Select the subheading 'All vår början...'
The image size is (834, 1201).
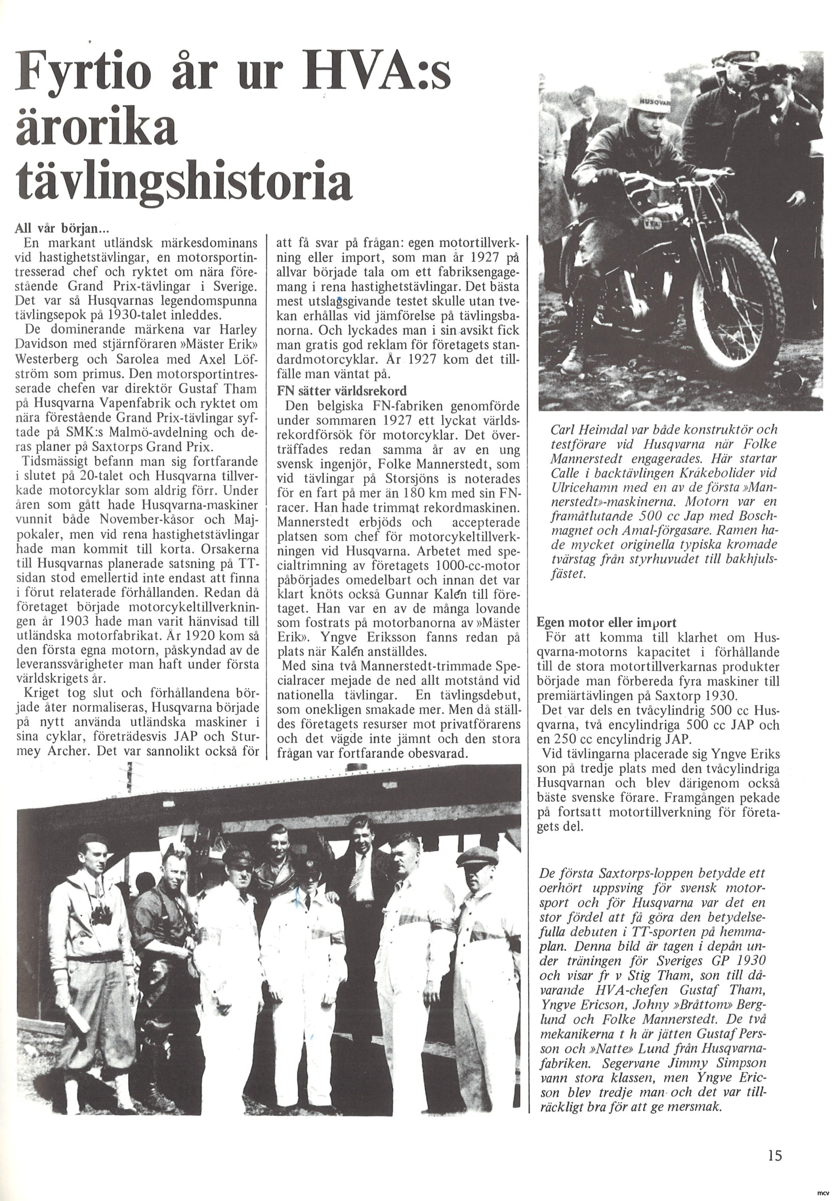coord(61,229)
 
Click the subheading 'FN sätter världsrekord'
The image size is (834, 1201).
coord(342,391)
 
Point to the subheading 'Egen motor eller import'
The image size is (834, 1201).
coord(606,622)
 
